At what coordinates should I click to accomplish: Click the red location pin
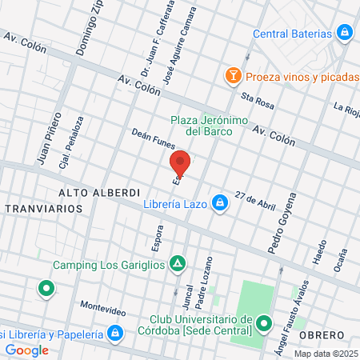click(x=181, y=162)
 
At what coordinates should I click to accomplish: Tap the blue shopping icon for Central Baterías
click(x=344, y=33)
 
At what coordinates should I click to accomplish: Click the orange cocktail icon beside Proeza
click(x=233, y=77)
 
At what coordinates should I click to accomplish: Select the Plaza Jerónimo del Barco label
click(x=202, y=126)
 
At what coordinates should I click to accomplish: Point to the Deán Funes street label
click(x=152, y=142)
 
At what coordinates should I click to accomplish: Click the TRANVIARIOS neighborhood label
click(x=43, y=208)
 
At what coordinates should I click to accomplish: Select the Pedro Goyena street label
click(x=282, y=223)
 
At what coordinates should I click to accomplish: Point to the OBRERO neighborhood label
click(x=322, y=334)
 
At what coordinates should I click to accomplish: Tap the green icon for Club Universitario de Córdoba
click(x=264, y=323)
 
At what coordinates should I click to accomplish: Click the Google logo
click(x=26, y=350)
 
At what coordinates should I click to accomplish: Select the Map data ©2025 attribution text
click(x=326, y=354)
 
